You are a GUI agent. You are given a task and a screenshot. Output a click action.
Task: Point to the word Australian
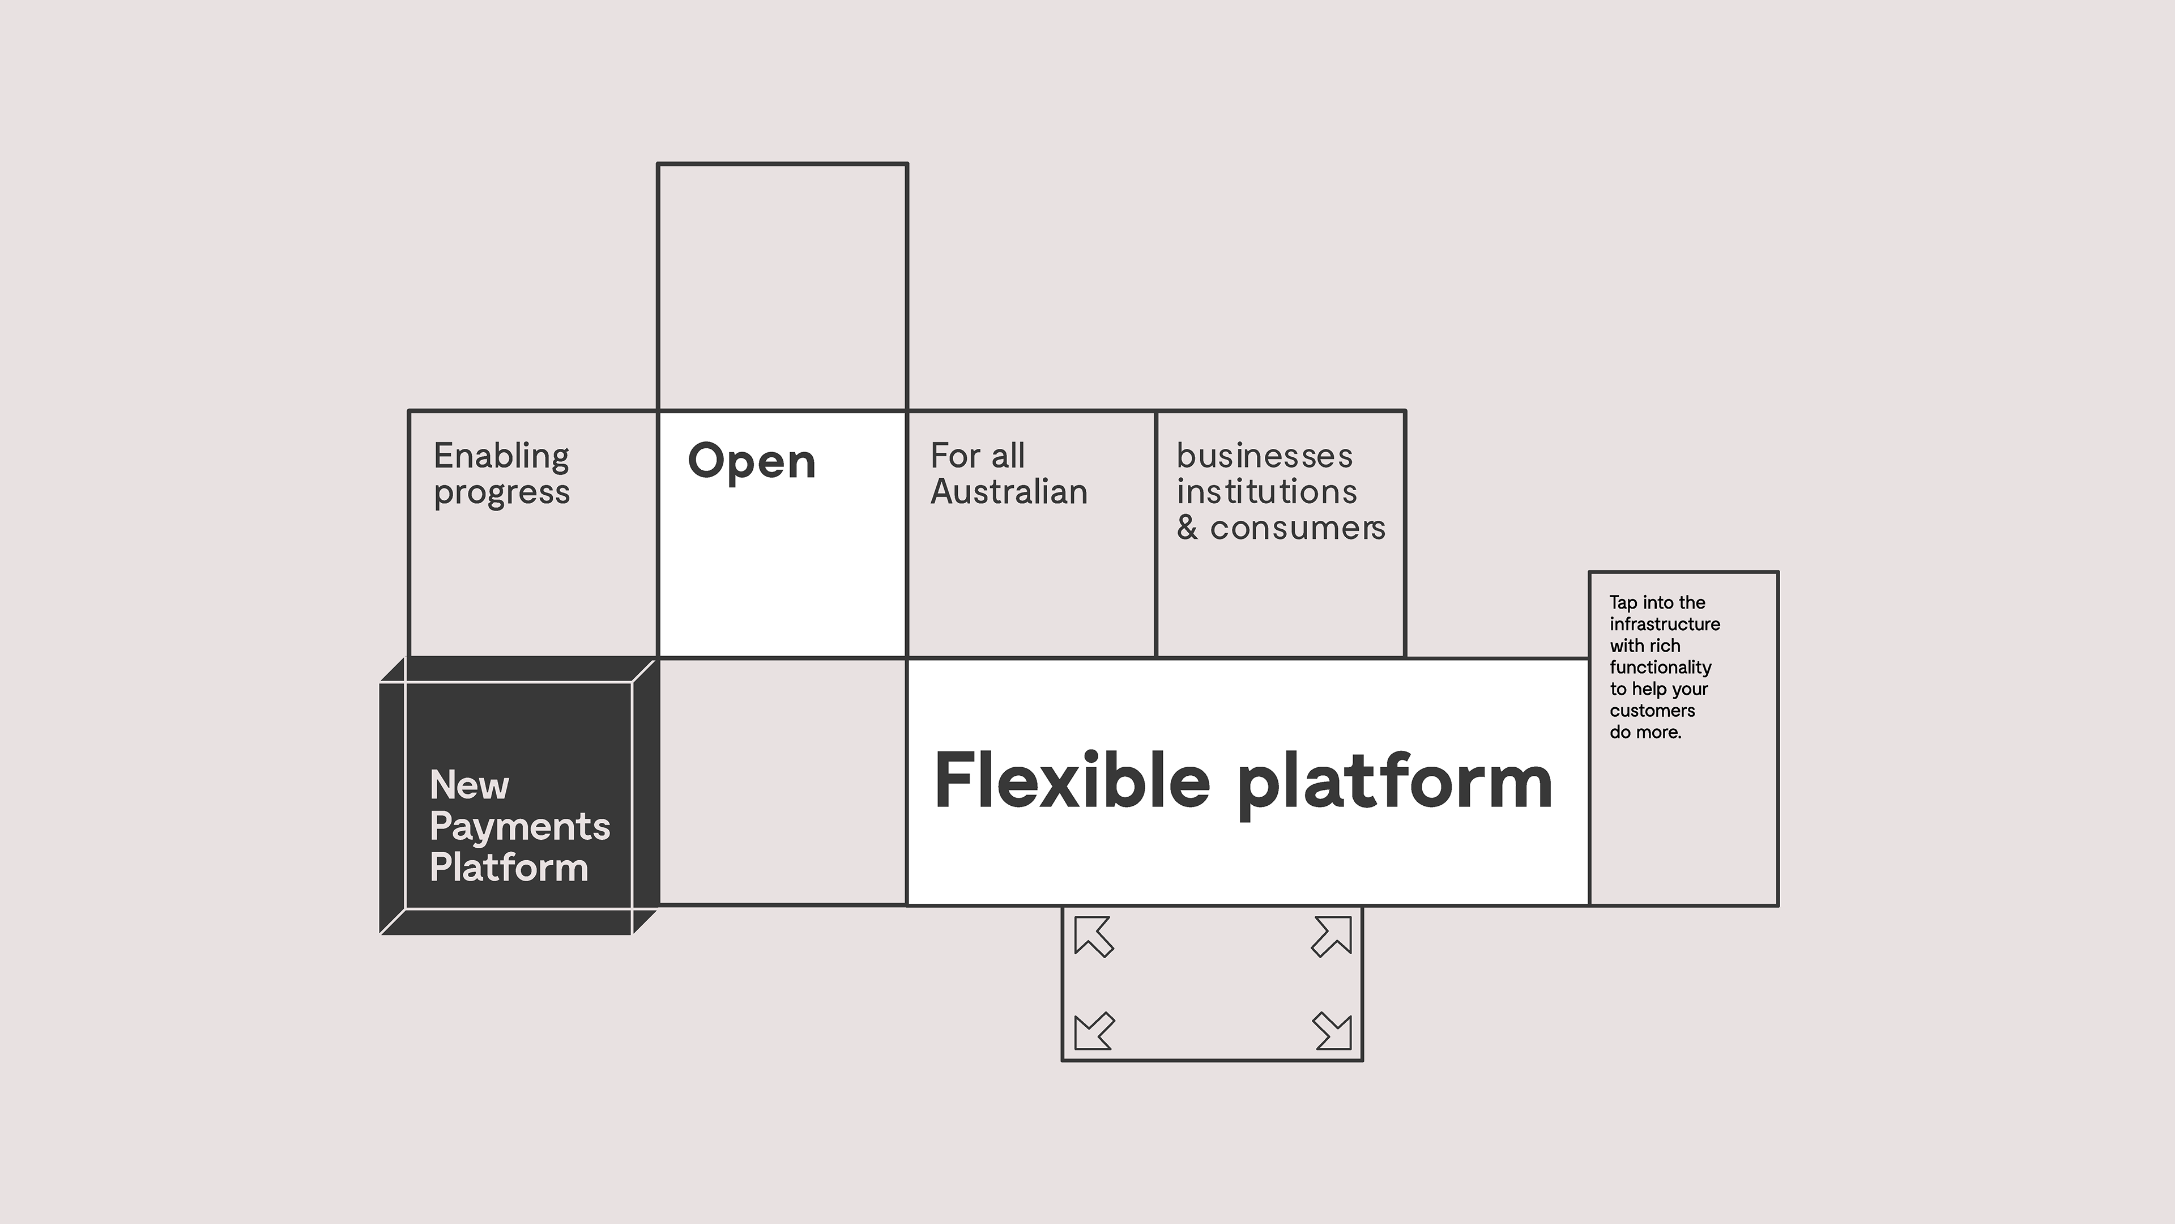click(x=1009, y=492)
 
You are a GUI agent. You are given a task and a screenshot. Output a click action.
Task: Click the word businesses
click(x=1265, y=456)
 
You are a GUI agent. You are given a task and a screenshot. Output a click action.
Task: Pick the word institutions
click(x=1266, y=492)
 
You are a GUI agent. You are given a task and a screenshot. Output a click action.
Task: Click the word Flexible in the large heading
click(x=1072, y=781)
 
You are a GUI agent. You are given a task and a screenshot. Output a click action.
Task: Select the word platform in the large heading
click(x=1395, y=785)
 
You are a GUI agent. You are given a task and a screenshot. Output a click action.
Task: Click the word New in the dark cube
click(x=470, y=785)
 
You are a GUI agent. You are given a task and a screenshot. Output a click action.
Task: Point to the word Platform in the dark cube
click(x=509, y=868)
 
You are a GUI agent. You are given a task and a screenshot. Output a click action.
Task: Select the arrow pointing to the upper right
click(x=1332, y=937)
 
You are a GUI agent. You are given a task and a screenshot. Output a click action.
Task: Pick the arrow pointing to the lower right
click(x=1332, y=1031)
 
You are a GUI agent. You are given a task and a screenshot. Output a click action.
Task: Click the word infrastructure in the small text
click(x=1664, y=624)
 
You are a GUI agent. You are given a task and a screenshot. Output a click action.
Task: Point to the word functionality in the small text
click(x=1660, y=668)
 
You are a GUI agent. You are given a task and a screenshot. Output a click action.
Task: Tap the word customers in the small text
click(x=1652, y=711)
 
